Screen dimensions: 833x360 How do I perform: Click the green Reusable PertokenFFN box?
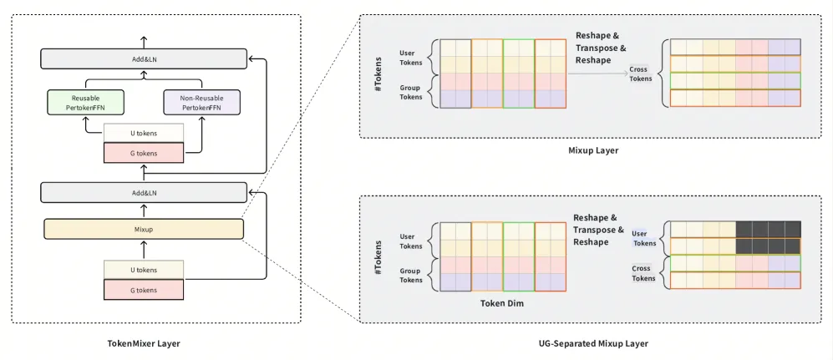pos(85,103)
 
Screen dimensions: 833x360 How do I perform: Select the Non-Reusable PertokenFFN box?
pos(202,103)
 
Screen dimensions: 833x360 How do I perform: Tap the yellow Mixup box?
pos(144,229)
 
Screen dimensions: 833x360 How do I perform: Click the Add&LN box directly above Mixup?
pos(144,192)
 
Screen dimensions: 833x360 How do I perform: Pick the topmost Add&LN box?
pos(144,59)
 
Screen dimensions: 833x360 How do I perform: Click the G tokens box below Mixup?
pos(144,290)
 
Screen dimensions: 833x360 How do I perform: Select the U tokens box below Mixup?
pos(144,270)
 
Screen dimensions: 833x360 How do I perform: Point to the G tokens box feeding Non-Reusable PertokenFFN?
pos(144,153)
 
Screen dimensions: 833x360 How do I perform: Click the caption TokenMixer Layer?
pos(144,343)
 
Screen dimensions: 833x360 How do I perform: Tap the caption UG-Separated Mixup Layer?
pos(593,343)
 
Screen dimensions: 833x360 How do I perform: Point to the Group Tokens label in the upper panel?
pos(411,93)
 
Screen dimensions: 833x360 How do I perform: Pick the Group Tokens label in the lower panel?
pos(411,275)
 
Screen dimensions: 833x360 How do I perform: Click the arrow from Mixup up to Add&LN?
pos(144,210)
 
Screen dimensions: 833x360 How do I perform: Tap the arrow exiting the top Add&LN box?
pos(144,43)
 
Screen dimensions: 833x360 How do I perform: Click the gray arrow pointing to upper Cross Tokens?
pos(597,74)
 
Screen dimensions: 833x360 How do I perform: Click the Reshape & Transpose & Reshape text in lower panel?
pos(597,230)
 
